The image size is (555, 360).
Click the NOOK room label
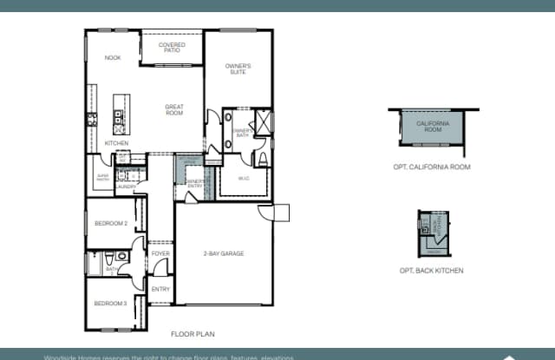click(113, 58)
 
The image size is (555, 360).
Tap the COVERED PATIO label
click(172, 47)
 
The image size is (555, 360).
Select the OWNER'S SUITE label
click(238, 69)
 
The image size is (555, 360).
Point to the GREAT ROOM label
click(174, 109)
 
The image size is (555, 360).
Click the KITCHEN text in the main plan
click(117, 143)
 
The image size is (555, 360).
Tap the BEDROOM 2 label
click(111, 223)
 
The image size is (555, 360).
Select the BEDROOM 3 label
click(111, 303)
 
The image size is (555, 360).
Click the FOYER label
click(160, 253)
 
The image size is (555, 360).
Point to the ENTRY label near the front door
click(160, 289)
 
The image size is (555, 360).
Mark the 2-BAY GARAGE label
click(224, 253)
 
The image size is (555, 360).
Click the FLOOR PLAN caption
click(193, 333)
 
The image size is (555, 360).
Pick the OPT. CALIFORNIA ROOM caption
click(433, 167)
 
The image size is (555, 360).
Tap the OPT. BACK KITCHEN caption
click(431, 271)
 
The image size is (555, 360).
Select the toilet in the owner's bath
click(263, 158)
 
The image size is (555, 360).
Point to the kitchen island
click(121, 111)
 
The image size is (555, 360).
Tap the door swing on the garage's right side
click(280, 213)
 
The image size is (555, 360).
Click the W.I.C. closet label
click(244, 179)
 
